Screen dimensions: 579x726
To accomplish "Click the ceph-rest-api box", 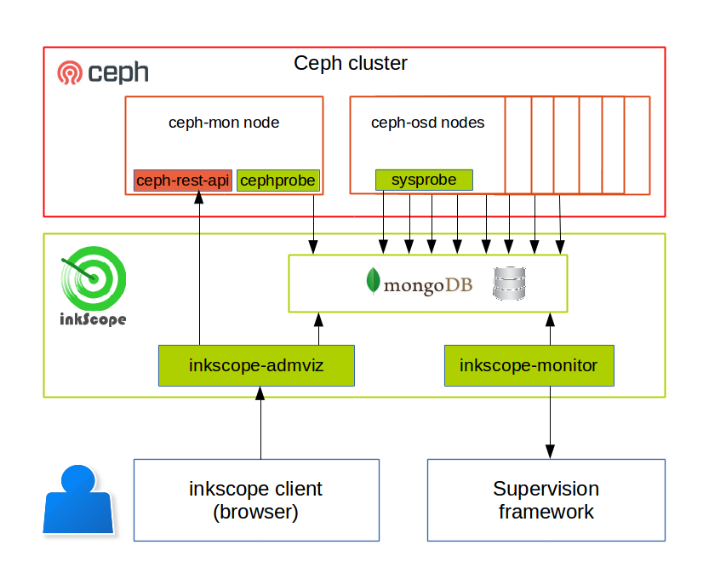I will point(183,181).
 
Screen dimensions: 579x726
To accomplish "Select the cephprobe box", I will point(277,181).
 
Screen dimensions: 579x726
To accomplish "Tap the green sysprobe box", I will point(424,180).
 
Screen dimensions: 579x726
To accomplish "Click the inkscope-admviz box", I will point(256,365).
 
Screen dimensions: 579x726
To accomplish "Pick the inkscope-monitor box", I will point(529,365).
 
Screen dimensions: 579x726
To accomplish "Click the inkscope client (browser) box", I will point(256,500).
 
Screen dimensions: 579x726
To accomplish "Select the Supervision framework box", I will point(546,500).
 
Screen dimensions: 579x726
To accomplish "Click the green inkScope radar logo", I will point(94,279).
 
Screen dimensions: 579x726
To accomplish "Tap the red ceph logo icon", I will point(70,73).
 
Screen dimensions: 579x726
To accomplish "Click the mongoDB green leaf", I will point(372,281).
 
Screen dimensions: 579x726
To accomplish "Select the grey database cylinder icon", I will point(510,283).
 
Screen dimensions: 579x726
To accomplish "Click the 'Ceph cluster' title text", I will point(351,63).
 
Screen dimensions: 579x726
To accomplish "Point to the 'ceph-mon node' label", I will point(224,123).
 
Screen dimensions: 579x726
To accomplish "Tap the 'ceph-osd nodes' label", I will point(427,123).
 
